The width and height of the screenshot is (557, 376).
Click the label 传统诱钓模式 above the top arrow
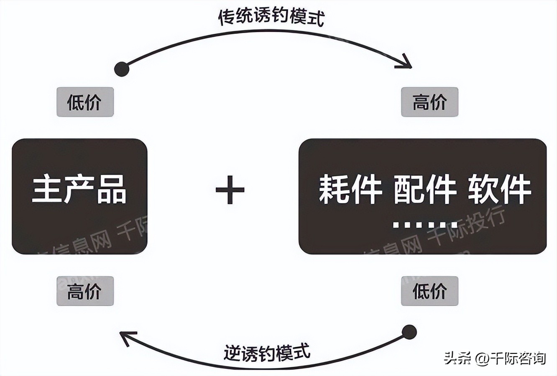pyautogui.click(x=271, y=17)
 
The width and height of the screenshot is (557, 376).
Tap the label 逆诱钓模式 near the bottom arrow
pyautogui.click(x=267, y=352)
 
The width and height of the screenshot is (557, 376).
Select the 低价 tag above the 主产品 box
pyautogui.click(x=85, y=102)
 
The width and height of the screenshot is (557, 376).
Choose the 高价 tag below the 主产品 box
pyautogui.click(x=85, y=291)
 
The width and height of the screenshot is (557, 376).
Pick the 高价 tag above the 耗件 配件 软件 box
pyautogui.click(x=429, y=102)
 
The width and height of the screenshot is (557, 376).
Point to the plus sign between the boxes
pyautogui.click(x=230, y=190)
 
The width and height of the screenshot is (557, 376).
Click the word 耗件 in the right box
pyautogui.click(x=350, y=190)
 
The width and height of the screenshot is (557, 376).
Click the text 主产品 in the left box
pyautogui.click(x=79, y=190)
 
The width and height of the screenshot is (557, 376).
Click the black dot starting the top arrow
pyautogui.click(x=122, y=69)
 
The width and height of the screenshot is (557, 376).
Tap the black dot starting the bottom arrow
pyautogui.click(x=409, y=333)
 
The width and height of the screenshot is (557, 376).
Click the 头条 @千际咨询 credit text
pyautogui.click(x=495, y=358)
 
